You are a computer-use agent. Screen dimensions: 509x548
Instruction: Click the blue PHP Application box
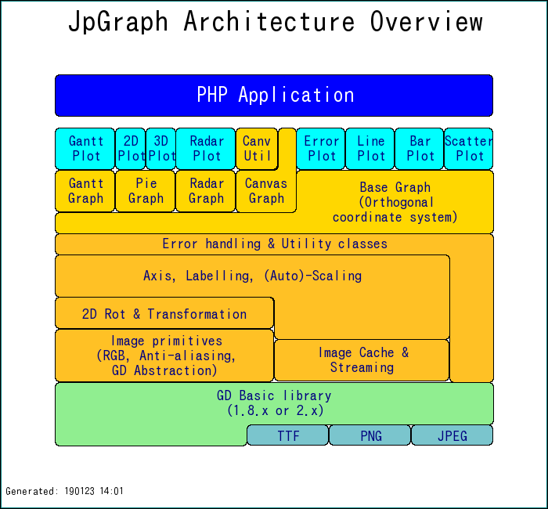(x=274, y=96)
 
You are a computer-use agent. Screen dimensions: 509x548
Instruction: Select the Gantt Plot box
(x=85, y=149)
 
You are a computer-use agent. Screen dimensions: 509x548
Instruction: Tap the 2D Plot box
(x=131, y=149)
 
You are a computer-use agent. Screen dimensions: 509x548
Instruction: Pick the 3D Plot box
(x=161, y=149)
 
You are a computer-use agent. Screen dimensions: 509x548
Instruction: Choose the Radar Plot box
(x=206, y=149)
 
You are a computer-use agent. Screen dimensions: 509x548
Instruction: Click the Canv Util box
(x=257, y=149)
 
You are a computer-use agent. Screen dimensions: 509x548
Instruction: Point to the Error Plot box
(x=321, y=149)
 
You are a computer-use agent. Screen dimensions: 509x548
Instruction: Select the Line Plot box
(x=370, y=149)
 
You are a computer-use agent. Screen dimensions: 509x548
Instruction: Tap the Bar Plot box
(x=420, y=149)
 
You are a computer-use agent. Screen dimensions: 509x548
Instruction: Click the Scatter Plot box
(x=469, y=149)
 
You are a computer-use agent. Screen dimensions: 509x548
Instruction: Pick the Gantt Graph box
(x=85, y=191)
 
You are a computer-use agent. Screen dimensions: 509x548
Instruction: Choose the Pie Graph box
(x=146, y=191)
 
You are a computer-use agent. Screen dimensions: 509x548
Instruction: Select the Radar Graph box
(x=206, y=191)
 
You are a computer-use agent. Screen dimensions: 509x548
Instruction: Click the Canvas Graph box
(x=266, y=191)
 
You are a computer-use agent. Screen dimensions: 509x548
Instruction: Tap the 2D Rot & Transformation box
(x=164, y=313)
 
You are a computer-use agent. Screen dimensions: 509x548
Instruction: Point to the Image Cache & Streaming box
(x=362, y=360)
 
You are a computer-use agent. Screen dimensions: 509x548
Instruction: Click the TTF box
(x=288, y=435)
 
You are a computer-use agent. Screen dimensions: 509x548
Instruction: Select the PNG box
(x=370, y=435)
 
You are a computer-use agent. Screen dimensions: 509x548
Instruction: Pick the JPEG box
(x=452, y=435)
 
